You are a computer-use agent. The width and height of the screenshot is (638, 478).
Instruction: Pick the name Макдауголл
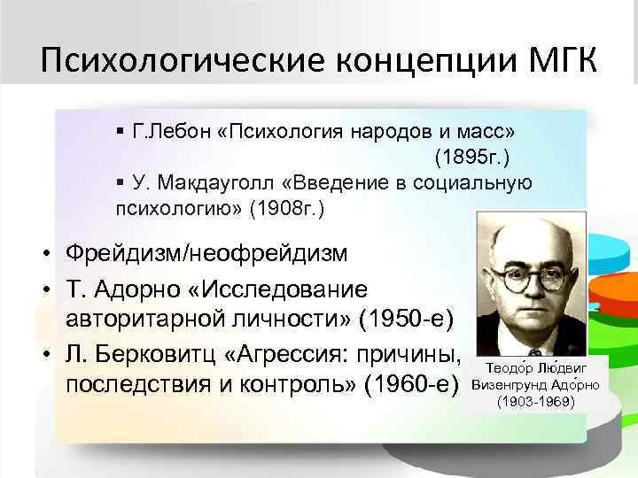[x=196, y=183]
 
